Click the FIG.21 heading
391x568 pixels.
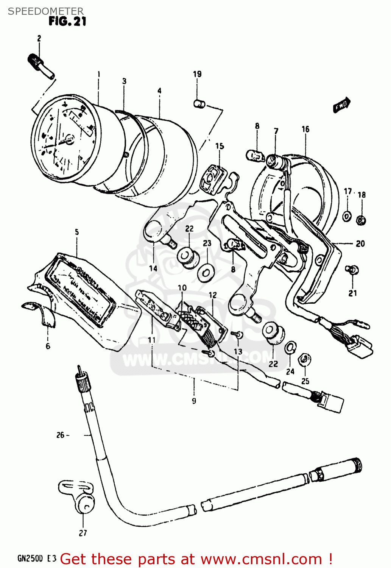67,22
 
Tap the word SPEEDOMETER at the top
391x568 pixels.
45,11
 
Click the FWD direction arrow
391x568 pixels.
342,105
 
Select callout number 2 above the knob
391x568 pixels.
39,38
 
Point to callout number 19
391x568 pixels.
197,74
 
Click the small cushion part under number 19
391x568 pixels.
199,103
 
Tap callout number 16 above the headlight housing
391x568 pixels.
305,129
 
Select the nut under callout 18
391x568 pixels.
361,220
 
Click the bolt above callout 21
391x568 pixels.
352,270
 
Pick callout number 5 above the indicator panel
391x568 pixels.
77,232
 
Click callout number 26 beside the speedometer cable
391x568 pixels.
61,435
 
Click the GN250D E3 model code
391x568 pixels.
37,559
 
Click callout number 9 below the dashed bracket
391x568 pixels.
194,401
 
